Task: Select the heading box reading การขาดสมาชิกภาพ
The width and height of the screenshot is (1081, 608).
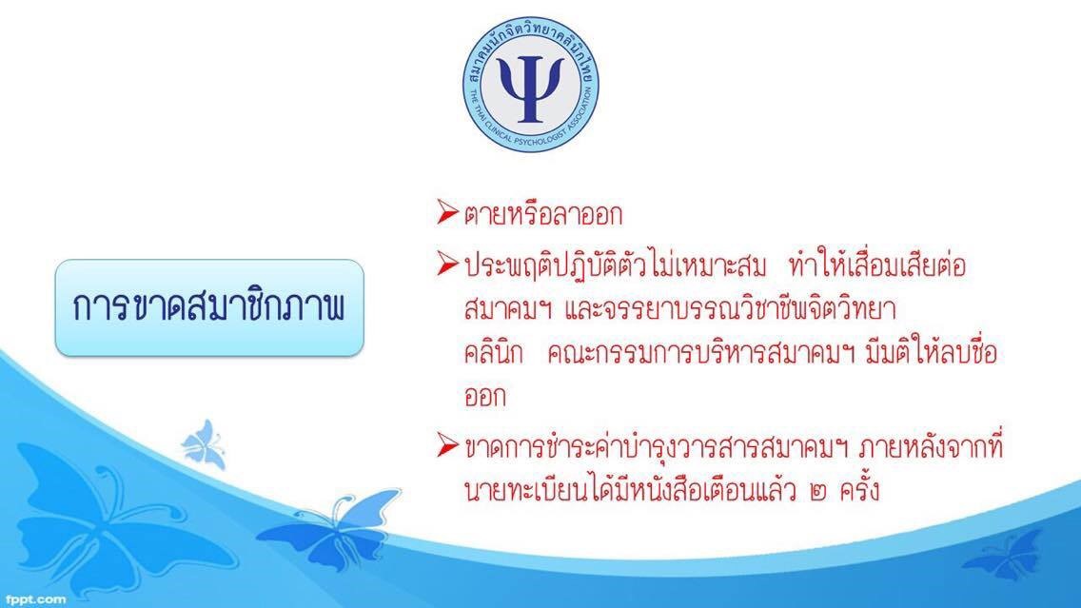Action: pyautogui.click(x=209, y=307)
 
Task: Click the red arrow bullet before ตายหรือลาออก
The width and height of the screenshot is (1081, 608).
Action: pyautogui.click(x=447, y=212)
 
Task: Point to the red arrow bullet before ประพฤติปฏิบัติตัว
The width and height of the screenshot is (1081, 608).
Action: pyautogui.click(x=447, y=264)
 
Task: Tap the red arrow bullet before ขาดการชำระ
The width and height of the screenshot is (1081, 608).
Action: pyautogui.click(x=447, y=445)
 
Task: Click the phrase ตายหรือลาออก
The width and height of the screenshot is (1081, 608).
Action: pyautogui.click(x=543, y=214)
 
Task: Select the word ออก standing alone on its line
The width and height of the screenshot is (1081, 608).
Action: pyautogui.click(x=485, y=397)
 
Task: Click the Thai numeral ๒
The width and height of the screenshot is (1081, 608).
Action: pyautogui.click(x=819, y=492)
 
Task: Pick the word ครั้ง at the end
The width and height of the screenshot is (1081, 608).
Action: pyautogui.click(x=859, y=489)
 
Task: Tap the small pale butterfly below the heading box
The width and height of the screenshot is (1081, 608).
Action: pyautogui.click(x=204, y=444)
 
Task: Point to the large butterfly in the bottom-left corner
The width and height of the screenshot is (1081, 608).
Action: pyautogui.click(x=104, y=524)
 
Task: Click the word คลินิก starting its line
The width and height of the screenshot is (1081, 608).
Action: pyautogui.click(x=494, y=353)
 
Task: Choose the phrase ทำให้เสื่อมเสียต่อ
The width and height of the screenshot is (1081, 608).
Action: pyautogui.click(x=877, y=265)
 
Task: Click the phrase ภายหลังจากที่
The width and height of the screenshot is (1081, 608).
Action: pyautogui.click(x=932, y=446)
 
